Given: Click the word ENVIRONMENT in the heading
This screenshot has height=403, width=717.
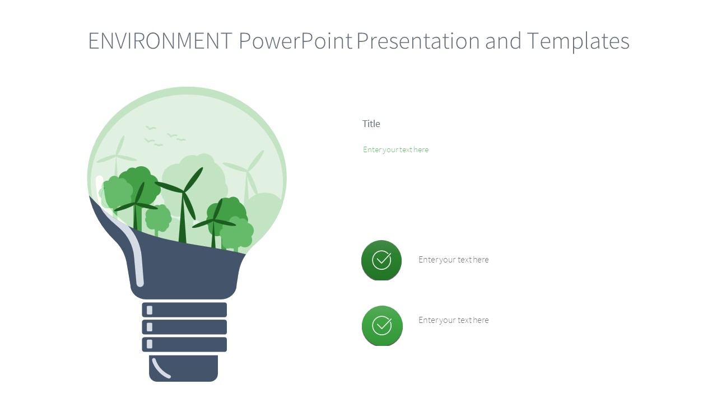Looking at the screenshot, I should pyautogui.click(x=160, y=41).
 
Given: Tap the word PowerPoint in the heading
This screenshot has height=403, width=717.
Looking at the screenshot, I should pyautogui.click(x=296, y=41).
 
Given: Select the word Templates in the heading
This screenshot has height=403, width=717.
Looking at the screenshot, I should pyautogui.click(x=578, y=41).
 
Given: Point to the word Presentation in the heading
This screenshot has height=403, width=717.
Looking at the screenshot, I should pyautogui.click(x=417, y=41).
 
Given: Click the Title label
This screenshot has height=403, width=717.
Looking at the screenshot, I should pyautogui.click(x=371, y=124).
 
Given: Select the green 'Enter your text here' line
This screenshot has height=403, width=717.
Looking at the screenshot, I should pyautogui.click(x=395, y=149).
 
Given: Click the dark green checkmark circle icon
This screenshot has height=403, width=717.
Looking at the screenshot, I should pyautogui.click(x=381, y=260).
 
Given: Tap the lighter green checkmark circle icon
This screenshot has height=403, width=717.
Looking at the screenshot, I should pyautogui.click(x=382, y=325).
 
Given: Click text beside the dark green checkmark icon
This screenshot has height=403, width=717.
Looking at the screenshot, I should pyautogui.click(x=453, y=260).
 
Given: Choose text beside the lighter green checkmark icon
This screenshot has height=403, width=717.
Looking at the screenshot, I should pyautogui.click(x=453, y=320).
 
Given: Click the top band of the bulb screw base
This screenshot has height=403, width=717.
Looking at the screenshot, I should pyautogui.click(x=184, y=310).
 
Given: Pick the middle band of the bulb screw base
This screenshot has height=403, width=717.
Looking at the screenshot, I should pyautogui.click(x=184, y=327).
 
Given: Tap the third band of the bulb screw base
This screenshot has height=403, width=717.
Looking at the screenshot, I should pyautogui.click(x=184, y=344).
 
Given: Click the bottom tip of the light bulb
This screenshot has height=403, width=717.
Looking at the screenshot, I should pyautogui.click(x=184, y=369).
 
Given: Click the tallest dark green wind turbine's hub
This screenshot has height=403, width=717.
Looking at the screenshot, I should pyautogui.click(x=183, y=193).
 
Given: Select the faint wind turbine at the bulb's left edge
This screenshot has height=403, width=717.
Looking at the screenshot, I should pyautogui.click(x=117, y=156).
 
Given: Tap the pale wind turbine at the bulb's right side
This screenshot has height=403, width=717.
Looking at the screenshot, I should pyautogui.click(x=246, y=170).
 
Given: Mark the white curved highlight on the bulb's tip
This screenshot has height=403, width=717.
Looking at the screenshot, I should pyautogui.click(x=161, y=368).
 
